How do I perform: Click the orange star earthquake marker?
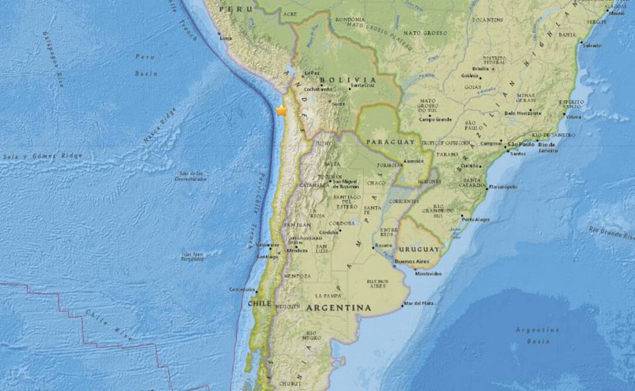(282, 110)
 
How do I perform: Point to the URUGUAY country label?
(419, 249)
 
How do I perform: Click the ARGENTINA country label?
(338, 308)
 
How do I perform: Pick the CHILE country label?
(259, 304)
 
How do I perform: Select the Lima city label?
(226, 38)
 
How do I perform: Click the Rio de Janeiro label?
(546, 147)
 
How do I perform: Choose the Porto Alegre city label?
(475, 220)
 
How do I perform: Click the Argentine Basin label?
(537, 335)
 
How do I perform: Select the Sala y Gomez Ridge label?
(42, 156)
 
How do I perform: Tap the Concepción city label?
(243, 289)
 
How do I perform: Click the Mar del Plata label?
(421, 303)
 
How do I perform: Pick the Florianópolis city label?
(503, 187)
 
